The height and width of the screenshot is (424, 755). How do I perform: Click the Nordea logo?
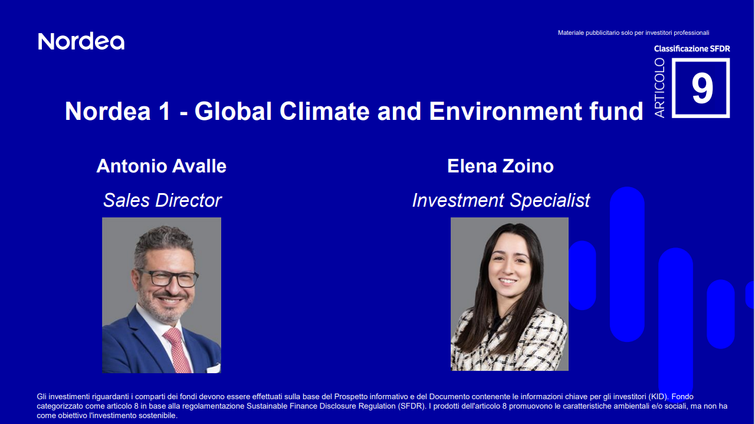pyautogui.click(x=81, y=41)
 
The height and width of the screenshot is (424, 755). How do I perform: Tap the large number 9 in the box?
pyautogui.click(x=702, y=89)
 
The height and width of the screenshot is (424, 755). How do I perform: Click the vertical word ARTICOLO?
pyautogui.click(x=659, y=87)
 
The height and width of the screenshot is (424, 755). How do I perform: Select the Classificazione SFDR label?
pyautogui.click(x=692, y=48)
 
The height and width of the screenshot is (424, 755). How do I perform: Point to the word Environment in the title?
pyautogui.click(x=503, y=111)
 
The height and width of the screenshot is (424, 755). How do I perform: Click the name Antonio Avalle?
pyautogui.click(x=161, y=166)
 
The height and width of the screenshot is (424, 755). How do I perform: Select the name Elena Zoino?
pyautogui.click(x=500, y=166)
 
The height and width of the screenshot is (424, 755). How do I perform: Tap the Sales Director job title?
pyautogui.click(x=162, y=200)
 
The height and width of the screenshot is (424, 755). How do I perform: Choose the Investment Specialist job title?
pyautogui.click(x=501, y=200)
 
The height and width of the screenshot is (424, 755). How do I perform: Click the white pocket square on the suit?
pyautogui.click(x=212, y=367)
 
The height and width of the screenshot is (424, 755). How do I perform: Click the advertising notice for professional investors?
pyautogui.click(x=633, y=32)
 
